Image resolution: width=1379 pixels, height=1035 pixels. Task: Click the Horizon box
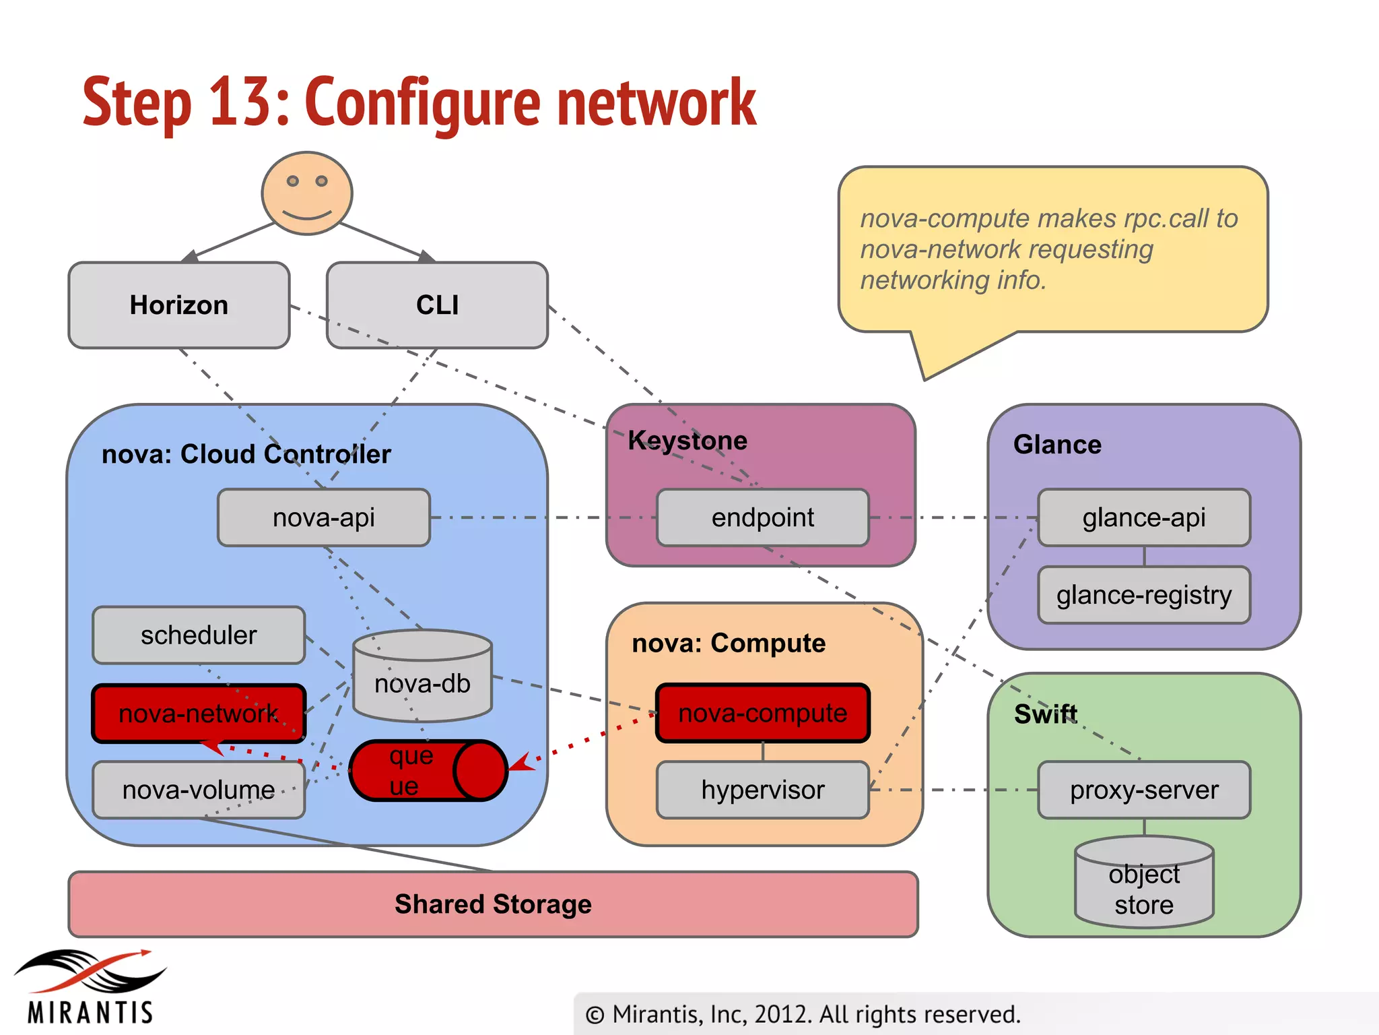tap(179, 305)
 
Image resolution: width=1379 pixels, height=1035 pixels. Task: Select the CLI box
tap(437, 305)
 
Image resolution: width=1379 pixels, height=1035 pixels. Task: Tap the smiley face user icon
tap(307, 193)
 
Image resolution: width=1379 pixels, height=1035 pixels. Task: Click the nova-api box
tap(324, 517)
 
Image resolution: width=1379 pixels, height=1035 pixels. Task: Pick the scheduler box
tap(199, 635)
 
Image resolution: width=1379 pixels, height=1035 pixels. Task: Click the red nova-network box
tap(199, 714)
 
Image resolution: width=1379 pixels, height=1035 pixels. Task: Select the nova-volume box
tap(199, 790)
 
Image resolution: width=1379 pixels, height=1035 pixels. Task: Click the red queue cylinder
tap(428, 771)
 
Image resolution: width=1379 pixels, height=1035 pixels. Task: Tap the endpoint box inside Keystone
tap(763, 517)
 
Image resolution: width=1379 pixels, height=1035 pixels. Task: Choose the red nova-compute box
tap(763, 713)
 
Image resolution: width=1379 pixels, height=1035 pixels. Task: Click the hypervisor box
tap(763, 790)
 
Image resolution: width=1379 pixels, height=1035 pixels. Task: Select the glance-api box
tap(1144, 517)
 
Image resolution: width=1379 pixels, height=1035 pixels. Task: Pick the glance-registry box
tap(1144, 595)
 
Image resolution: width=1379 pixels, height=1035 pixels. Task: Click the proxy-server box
tap(1144, 790)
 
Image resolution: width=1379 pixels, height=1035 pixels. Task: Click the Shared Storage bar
tap(493, 904)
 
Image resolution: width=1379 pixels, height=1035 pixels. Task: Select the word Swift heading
tap(1046, 714)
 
